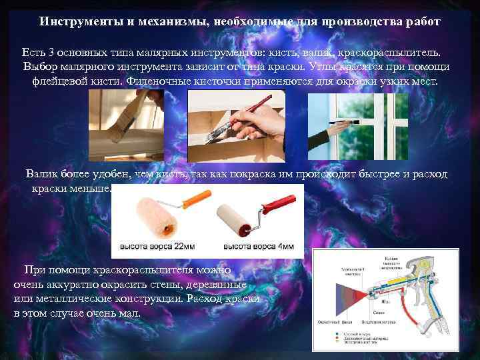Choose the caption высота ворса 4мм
pos(258,247)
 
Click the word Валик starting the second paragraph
pos(40,175)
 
